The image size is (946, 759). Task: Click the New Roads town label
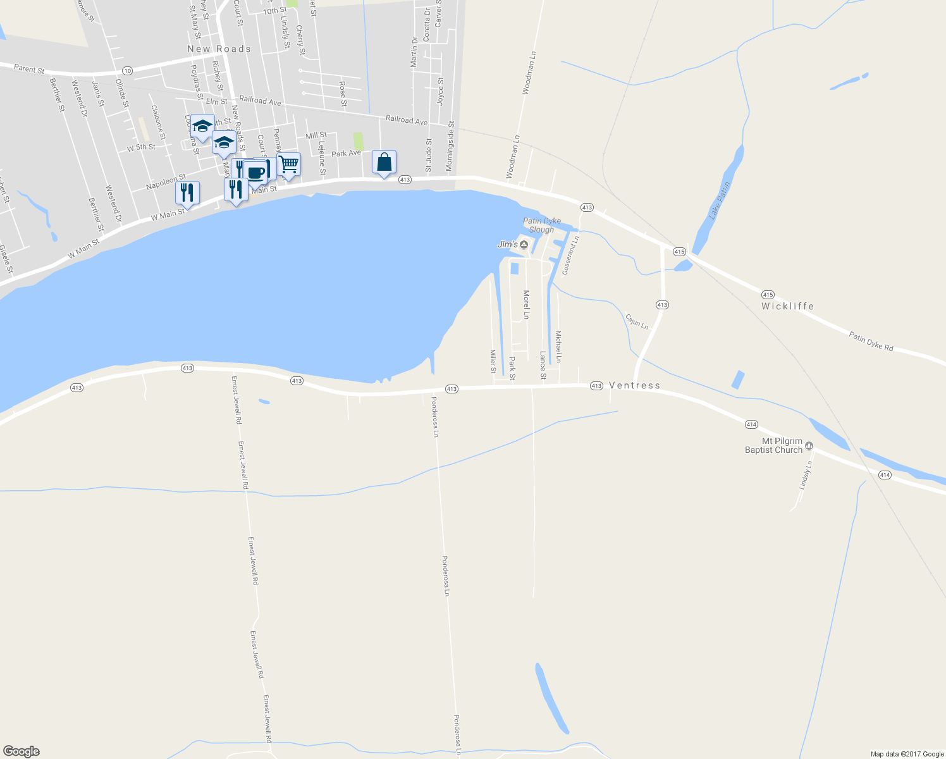click(219, 49)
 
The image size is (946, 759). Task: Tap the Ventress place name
click(634, 385)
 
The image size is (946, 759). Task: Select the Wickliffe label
click(787, 306)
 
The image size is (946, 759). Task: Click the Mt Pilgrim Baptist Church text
click(773, 446)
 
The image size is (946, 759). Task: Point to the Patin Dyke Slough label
click(541, 225)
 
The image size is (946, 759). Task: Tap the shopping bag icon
click(384, 163)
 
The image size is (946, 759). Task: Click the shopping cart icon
click(289, 164)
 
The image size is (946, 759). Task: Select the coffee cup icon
click(255, 172)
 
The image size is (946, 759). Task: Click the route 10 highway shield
click(128, 70)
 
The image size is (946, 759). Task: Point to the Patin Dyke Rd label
click(871, 342)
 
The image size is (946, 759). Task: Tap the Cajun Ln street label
click(636, 321)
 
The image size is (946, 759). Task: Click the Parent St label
click(30, 69)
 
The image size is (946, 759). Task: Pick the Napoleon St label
click(166, 182)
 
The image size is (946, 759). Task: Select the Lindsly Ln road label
click(805, 475)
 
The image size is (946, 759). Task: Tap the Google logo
click(21, 751)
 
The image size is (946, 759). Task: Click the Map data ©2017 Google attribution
click(907, 754)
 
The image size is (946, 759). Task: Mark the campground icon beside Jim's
click(524, 245)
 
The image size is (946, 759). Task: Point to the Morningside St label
click(450, 146)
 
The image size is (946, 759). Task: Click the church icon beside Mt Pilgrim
click(809, 450)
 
